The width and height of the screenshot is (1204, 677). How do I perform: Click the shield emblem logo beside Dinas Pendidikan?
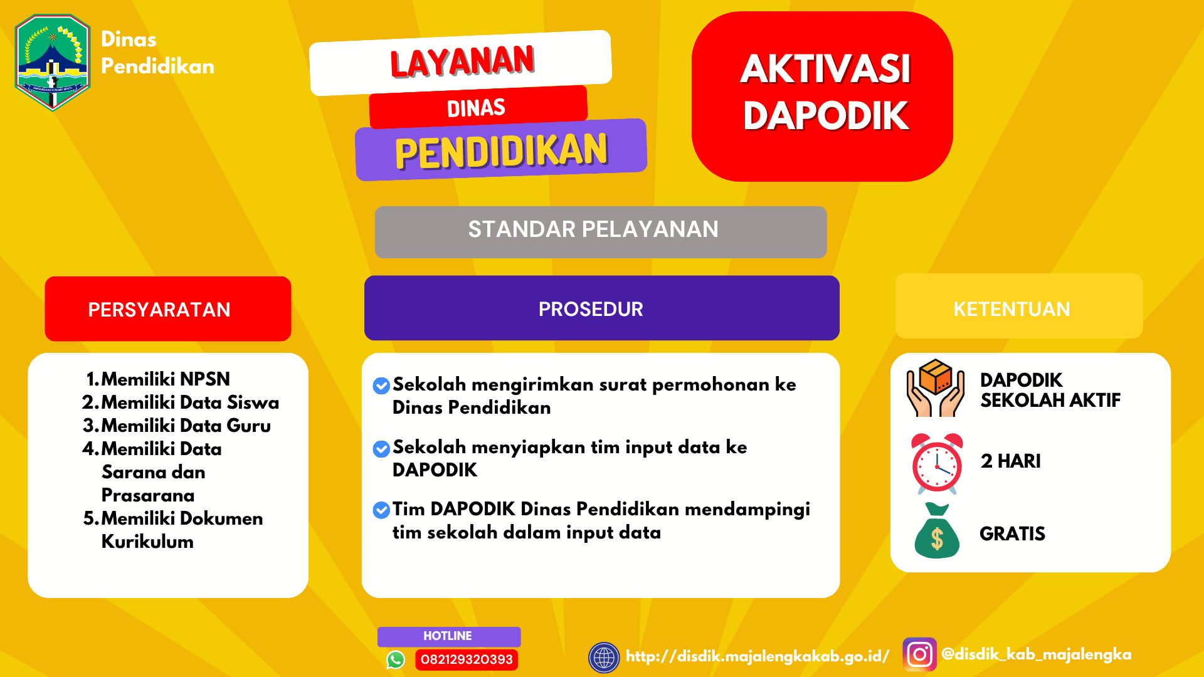click(53, 62)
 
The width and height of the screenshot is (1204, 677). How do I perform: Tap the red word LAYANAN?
click(462, 62)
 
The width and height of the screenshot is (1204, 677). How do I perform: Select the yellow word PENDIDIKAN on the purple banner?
click(501, 151)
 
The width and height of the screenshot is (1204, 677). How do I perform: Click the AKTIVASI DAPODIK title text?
click(825, 92)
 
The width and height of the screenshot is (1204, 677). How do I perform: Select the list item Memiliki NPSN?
click(165, 379)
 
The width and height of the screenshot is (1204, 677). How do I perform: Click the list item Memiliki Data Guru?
click(186, 426)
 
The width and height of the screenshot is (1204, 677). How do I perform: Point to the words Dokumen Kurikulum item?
click(182, 530)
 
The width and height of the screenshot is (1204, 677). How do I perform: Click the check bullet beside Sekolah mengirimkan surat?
click(381, 386)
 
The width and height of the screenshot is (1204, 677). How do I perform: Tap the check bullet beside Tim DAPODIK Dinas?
click(381, 510)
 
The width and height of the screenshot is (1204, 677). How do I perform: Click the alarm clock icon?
click(937, 463)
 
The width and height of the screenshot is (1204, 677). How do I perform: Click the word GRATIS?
click(1012, 533)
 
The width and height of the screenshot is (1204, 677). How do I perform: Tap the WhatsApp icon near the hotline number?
click(396, 659)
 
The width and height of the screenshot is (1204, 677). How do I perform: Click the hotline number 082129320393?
click(467, 659)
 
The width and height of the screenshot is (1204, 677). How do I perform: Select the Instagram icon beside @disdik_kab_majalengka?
click(919, 654)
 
